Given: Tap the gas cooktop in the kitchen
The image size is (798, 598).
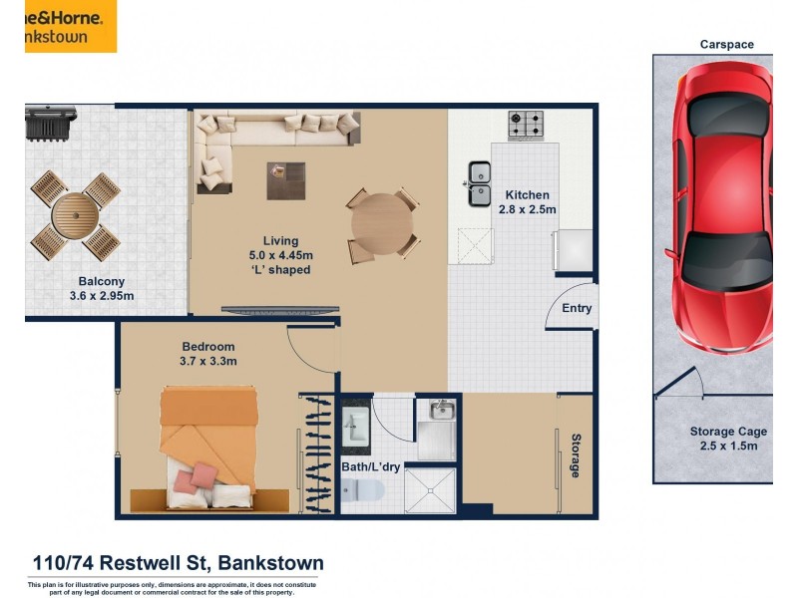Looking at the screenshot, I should tap(526, 125).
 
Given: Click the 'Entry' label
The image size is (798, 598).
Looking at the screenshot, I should tap(577, 308).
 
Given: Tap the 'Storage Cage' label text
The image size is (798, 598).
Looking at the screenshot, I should tap(728, 432).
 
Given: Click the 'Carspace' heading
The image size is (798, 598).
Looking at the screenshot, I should tap(726, 44).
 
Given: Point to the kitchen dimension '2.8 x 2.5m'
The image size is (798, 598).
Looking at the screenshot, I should tap(527, 209).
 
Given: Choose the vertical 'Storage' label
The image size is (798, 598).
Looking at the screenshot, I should tap(576, 455).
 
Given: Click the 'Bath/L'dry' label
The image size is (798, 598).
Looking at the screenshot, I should tap(372, 465).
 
